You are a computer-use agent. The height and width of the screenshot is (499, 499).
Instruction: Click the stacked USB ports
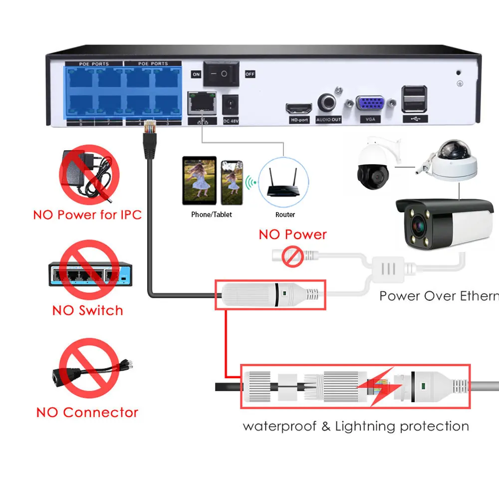pyautogui.click(x=414, y=99)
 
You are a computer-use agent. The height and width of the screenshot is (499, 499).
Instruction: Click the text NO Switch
pyautogui.click(x=87, y=310)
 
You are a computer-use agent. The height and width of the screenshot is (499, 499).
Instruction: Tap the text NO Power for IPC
pyautogui.click(x=87, y=215)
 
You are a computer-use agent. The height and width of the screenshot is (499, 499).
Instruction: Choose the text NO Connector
pyautogui.click(x=87, y=413)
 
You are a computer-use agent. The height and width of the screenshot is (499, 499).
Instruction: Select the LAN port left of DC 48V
pyautogui.click(x=202, y=104)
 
